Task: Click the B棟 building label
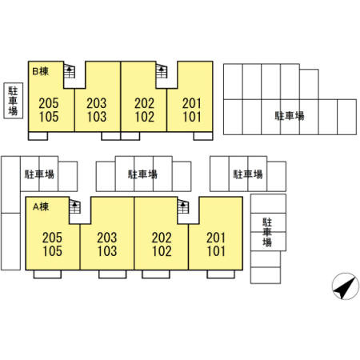[x=40, y=71]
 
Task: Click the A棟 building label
[x=41, y=206]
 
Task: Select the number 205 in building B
[x=49, y=103]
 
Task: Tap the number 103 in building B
[x=97, y=117]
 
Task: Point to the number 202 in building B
[x=144, y=103]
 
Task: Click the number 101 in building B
[x=192, y=117]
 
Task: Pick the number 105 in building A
[x=52, y=251]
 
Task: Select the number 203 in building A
[x=107, y=238]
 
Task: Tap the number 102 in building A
[x=162, y=251]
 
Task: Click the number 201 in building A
[x=216, y=238]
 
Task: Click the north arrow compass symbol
[x=345, y=286]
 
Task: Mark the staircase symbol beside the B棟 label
[x=70, y=71]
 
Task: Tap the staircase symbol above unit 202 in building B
[x=162, y=71]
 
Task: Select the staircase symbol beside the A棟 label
[x=75, y=206]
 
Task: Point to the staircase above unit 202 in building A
[x=183, y=206]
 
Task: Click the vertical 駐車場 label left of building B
[x=13, y=101]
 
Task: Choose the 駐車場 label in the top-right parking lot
[x=290, y=116]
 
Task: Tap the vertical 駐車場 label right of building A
[x=267, y=232]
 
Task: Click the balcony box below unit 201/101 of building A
[x=221, y=274]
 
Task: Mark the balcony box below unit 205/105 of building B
[x=38, y=136]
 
